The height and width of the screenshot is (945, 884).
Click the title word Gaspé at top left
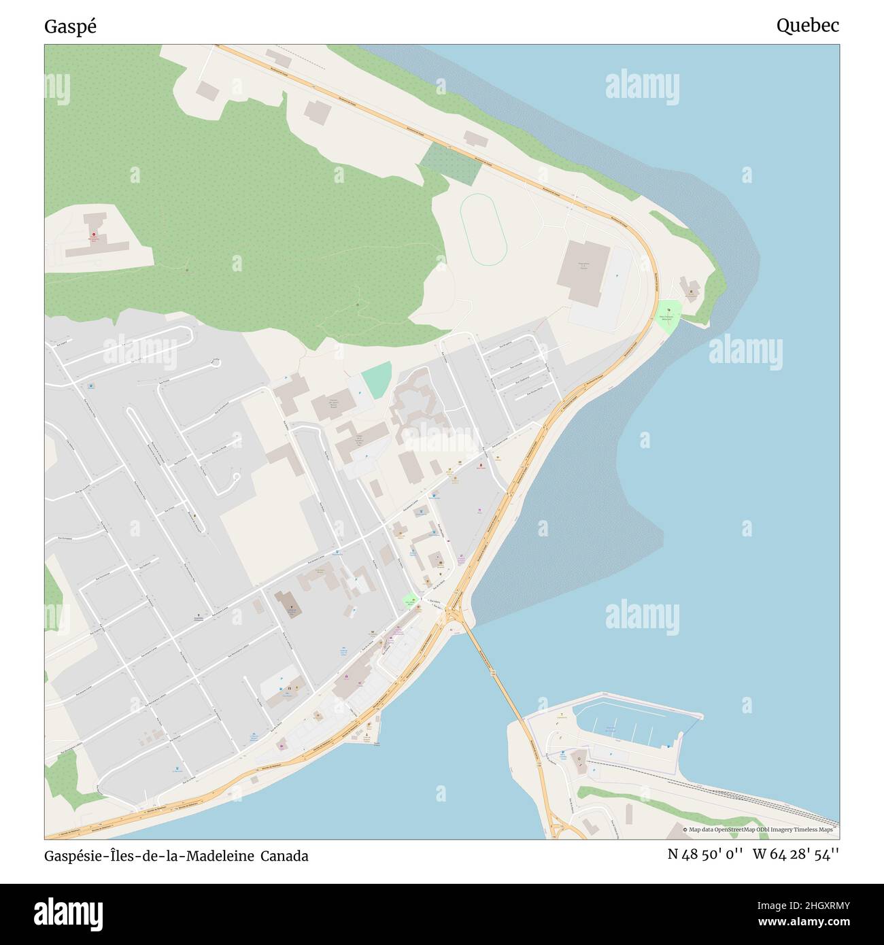[70, 27]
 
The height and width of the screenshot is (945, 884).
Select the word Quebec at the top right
[807, 26]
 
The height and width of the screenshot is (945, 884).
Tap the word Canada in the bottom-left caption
[286, 856]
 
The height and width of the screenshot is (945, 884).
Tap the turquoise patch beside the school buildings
[377, 380]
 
